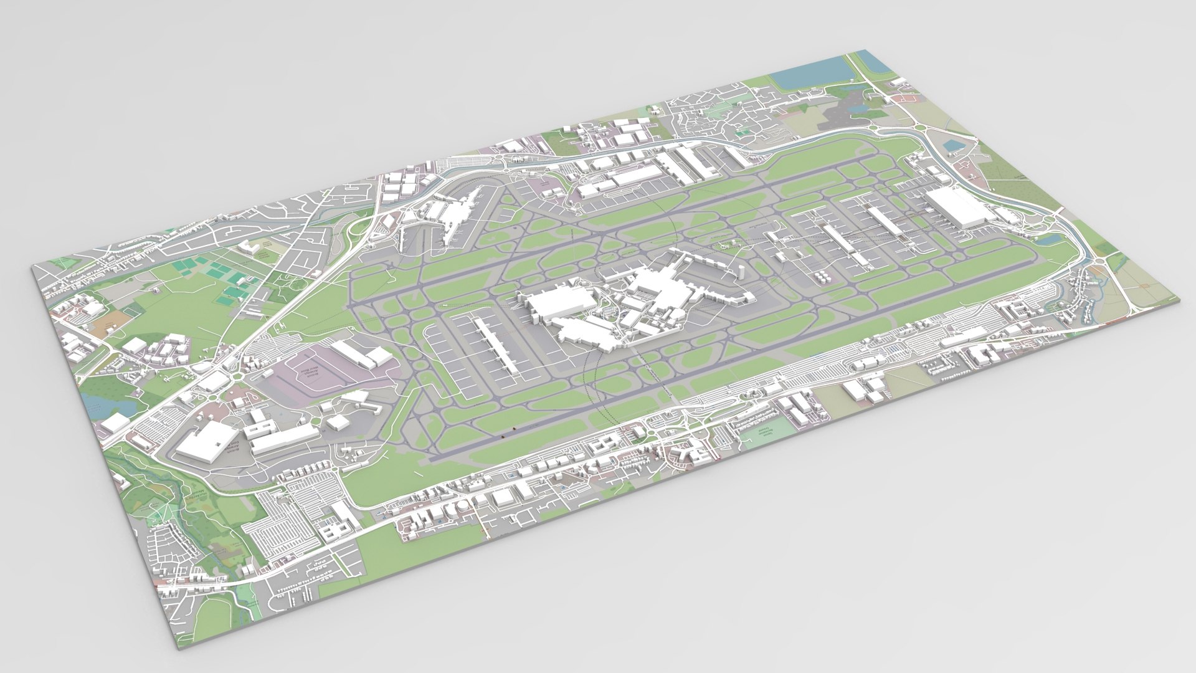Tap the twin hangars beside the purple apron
(361, 355)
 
